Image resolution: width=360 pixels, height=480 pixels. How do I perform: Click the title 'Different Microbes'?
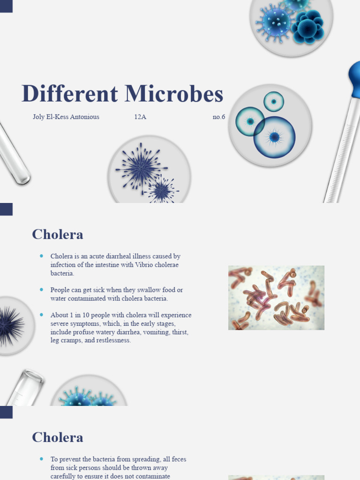click(x=122, y=94)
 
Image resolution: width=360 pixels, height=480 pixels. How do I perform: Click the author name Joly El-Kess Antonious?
click(x=66, y=117)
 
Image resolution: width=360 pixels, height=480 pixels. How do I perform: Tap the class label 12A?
click(x=140, y=117)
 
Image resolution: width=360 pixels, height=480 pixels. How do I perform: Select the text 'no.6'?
click(x=218, y=117)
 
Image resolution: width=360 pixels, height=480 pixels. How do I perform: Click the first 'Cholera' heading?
click(x=57, y=234)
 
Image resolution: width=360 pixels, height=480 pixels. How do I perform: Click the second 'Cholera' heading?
click(x=57, y=437)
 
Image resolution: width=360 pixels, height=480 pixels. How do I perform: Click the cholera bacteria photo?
click(x=276, y=298)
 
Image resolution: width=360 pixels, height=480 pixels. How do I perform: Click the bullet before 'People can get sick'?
click(x=42, y=290)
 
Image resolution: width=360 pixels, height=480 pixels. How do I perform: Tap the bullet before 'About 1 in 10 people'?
click(x=42, y=315)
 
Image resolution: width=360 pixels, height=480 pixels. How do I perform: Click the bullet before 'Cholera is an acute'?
click(x=42, y=256)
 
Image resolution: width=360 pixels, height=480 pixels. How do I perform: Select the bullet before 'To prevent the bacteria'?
click(x=42, y=459)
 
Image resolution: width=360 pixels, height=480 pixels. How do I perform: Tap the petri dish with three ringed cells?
click(x=270, y=125)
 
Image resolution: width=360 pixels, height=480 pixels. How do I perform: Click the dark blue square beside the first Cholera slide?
click(x=6, y=209)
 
